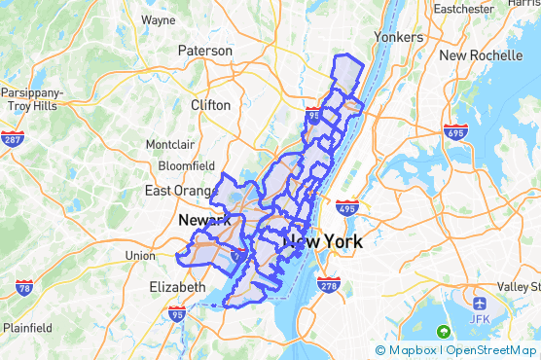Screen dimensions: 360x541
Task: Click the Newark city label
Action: [x=203, y=221]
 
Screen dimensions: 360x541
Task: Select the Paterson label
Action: [x=205, y=51]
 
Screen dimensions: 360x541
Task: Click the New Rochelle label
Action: [x=481, y=55]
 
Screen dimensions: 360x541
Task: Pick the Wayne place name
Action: [x=158, y=19]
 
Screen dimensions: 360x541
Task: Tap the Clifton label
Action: [x=211, y=105]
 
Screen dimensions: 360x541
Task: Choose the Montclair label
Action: [x=170, y=145]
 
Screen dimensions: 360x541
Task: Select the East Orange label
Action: [x=178, y=191]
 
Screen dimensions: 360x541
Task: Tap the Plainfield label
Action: [x=26, y=326]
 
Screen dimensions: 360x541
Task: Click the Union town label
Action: [x=140, y=256]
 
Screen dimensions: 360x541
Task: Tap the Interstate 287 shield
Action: [x=13, y=139]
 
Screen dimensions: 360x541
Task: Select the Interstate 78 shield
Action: [x=25, y=288]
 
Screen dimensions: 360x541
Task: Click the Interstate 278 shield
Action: [x=329, y=285]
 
